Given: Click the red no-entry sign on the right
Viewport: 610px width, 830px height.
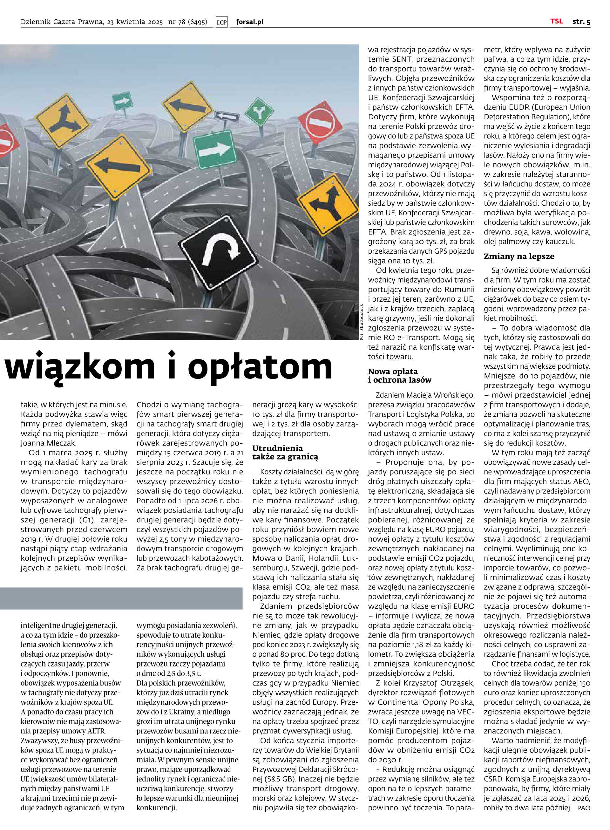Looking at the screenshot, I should (x=320, y=123).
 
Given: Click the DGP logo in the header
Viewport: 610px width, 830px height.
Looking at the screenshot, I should (x=221, y=22).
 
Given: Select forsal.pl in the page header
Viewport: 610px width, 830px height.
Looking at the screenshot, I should (x=249, y=22).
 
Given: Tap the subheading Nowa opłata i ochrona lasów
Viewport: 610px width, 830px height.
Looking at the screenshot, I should (x=400, y=375).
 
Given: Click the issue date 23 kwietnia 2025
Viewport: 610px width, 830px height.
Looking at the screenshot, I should (x=135, y=22).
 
